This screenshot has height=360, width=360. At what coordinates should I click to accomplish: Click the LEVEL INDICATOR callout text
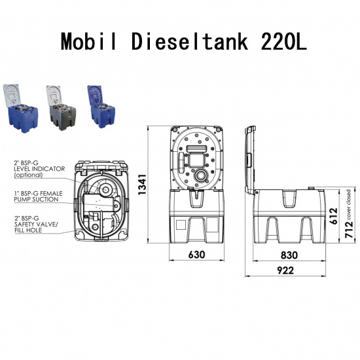pyautogui.click(x=40, y=169)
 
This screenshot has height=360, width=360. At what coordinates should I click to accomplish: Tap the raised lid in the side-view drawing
pyautogui.click(x=251, y=157)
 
